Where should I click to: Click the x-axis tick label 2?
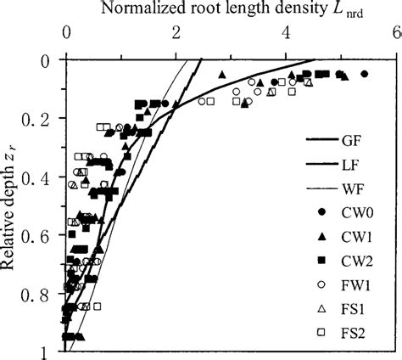[x=176, y=35]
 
